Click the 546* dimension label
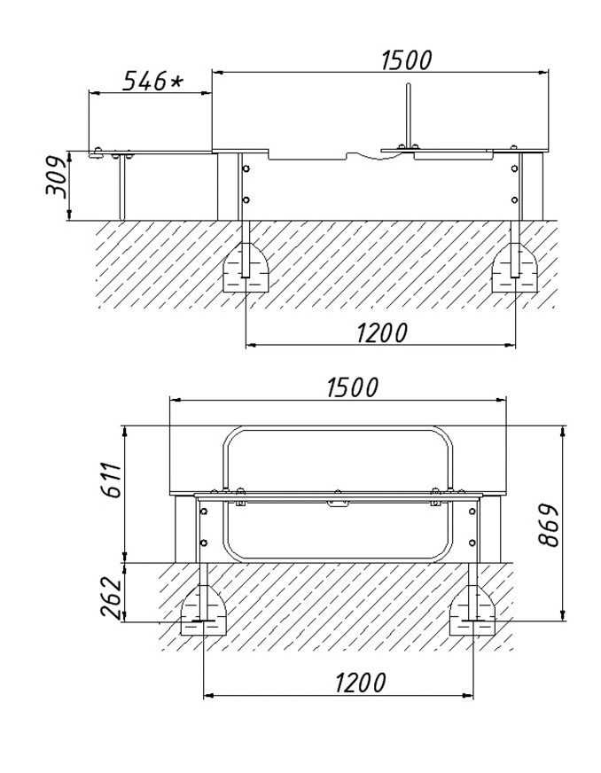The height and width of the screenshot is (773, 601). pos(152,81)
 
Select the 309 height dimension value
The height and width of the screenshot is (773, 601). pos(56,177)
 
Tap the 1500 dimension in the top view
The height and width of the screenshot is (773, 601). pos(407,60)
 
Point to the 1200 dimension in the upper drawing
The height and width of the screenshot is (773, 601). pos(382,332)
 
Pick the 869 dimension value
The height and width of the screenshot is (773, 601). pos(548,525)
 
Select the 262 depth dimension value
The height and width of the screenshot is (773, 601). pos(111,597)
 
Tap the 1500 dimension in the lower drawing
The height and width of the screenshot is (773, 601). pos(353,387)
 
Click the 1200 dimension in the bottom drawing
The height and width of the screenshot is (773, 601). pos(361,683)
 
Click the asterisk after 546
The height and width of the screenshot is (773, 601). pos(175,81)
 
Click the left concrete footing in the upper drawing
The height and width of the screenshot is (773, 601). pos(246,268)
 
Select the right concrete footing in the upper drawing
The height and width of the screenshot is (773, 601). pos(515,268)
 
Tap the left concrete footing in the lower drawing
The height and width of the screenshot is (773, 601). pos(204,610)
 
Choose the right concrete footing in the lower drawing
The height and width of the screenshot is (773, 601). pos(473,610)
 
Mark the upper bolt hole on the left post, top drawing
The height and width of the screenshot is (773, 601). pos(246,168)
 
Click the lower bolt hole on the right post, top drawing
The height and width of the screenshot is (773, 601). pos(515,199)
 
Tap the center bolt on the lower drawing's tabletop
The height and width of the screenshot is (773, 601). pos(338,491)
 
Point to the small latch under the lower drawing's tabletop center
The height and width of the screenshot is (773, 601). pos(338,503)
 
